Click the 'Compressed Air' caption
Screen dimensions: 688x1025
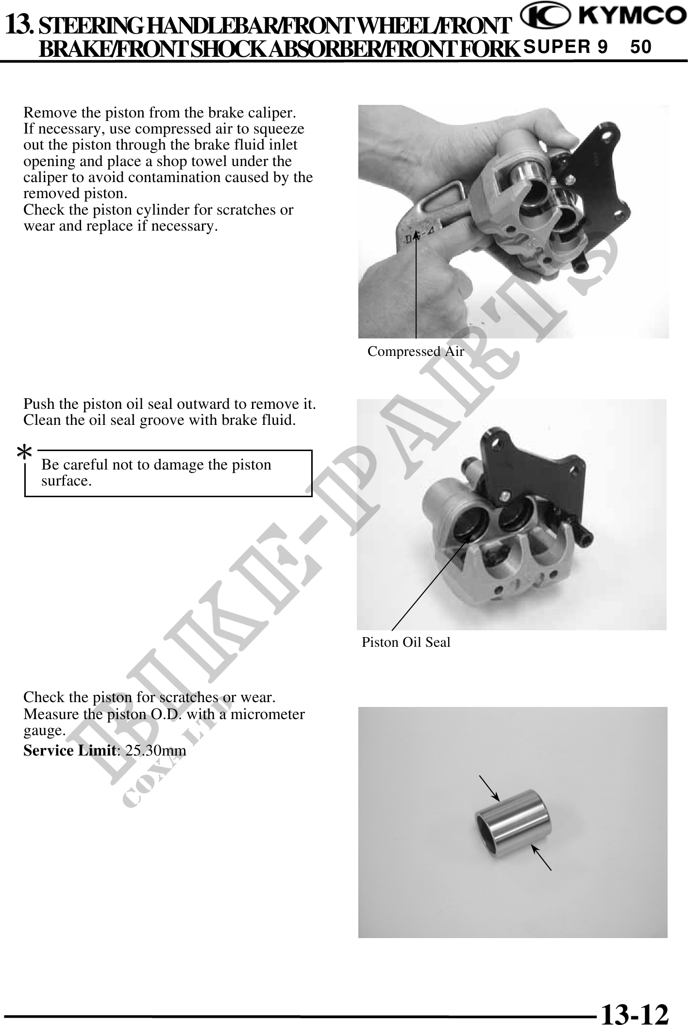[x=416, y=351]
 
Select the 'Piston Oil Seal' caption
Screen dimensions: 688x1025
[x=406, y=642]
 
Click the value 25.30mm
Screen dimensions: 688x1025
[x=155, y=751]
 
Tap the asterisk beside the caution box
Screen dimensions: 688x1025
[x=24, y=454]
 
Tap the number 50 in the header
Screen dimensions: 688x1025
[x=640, y=47]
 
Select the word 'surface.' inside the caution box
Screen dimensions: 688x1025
[x=67, y=481]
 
